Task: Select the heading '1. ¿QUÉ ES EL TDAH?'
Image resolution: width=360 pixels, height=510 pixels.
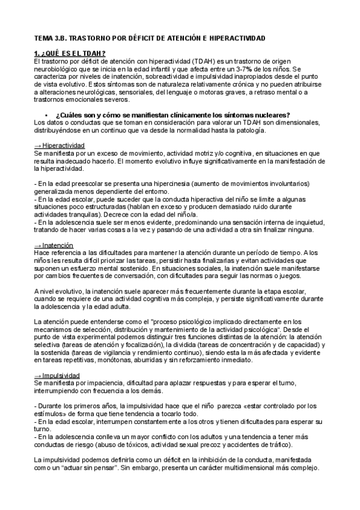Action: pos(70,54)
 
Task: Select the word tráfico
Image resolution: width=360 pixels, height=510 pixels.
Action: pos(276,444)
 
